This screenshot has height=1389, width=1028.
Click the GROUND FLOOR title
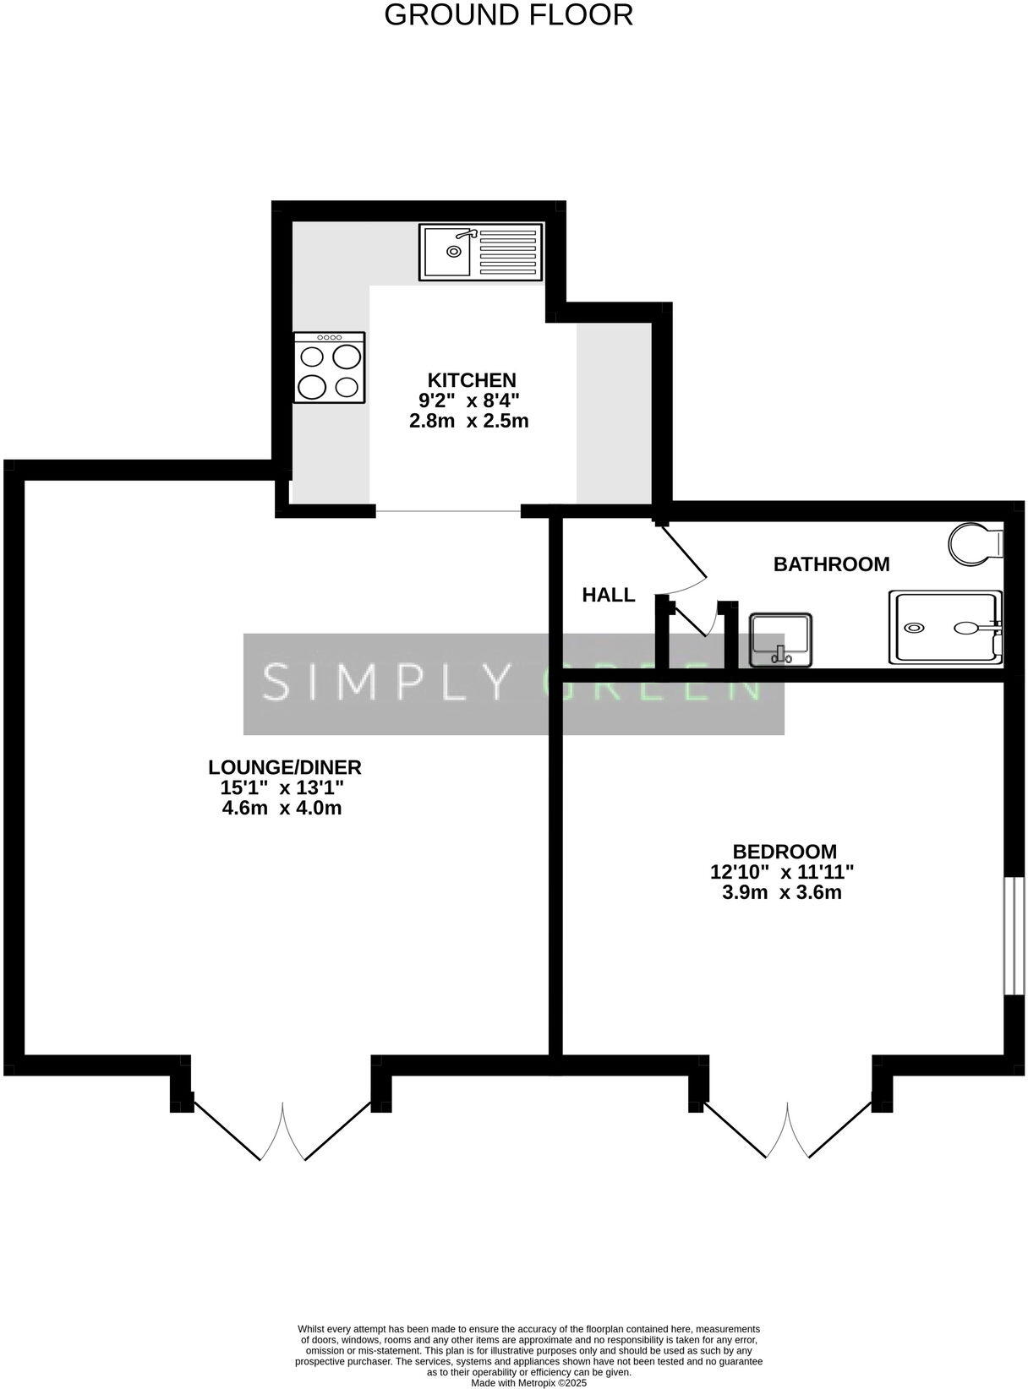click(508, 15)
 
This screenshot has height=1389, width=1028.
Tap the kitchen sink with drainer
click(480, 252)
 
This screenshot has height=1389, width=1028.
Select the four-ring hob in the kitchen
click(330, 368)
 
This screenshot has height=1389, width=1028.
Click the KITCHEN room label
click(471, 379)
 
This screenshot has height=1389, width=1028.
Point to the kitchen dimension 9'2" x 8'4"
click(469, 400)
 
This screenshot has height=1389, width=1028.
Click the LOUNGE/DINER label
click(285, 767)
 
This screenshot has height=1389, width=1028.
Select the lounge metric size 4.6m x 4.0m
click(282, 809)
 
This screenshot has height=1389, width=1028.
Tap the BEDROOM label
click(785, 852)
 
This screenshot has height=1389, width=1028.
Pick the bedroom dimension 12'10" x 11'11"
click(782, 872)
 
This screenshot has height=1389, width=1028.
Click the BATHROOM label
click(831, 564)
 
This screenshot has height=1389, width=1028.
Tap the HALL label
click(608, 595)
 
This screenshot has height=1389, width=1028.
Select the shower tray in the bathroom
click(944, 628)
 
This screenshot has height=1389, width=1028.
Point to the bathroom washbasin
click(781, 640)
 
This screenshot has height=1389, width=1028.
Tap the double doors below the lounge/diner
click(282, 1128)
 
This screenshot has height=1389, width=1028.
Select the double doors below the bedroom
click(787, 1128)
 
